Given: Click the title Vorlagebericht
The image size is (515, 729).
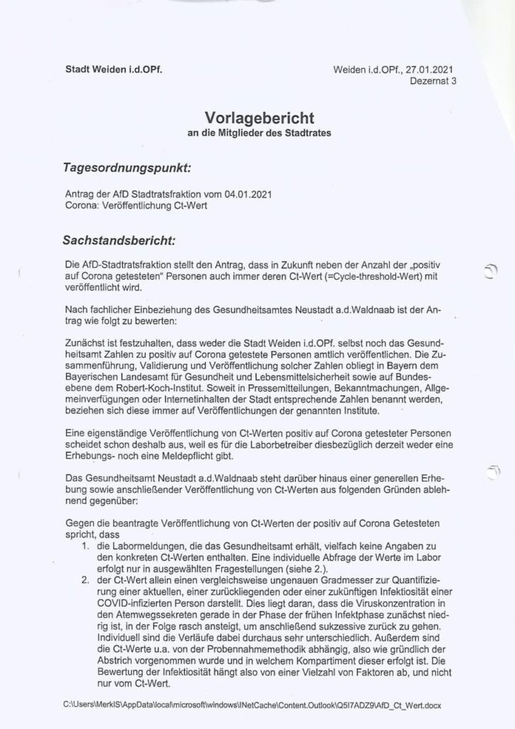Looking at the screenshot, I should coord(259,118).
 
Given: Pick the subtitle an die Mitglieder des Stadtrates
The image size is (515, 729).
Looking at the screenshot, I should coord(259,133).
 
